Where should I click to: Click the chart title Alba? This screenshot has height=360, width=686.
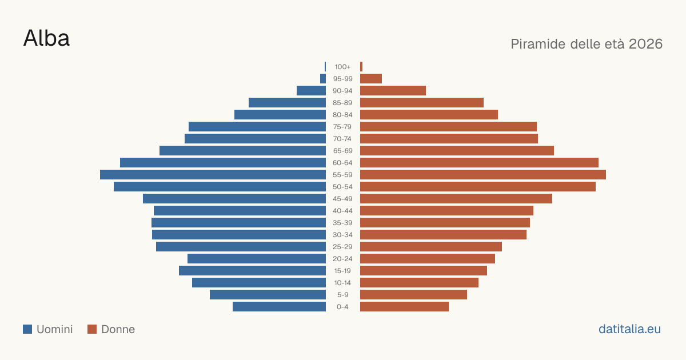tap(46, 38)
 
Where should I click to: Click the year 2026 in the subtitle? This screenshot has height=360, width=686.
tap(645, 44)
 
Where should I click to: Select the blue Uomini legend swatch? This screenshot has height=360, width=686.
tap(27, 329)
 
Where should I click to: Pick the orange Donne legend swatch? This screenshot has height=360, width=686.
tap(92, 329)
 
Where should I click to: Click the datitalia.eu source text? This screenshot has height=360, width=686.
tap(629, 329)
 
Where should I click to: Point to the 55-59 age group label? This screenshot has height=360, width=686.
tap(342, 175)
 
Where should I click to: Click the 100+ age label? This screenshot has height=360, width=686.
tap(342, 67)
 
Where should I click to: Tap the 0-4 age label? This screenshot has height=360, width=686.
tap(342, 307)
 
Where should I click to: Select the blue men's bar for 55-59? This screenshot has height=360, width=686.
tap(213, 174)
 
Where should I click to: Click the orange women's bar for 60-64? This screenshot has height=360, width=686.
tap(479, 162)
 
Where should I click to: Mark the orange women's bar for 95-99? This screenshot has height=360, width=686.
tap(371, 79)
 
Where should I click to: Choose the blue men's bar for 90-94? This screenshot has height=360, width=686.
tap(311, 91)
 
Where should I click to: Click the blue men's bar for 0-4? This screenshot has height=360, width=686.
tap(280, 307)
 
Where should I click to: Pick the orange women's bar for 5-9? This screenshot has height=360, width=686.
tap(413, 294)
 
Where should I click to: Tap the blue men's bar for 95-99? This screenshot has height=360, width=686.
tap(323, 79)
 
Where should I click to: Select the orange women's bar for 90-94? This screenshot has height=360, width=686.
tap(393, 91)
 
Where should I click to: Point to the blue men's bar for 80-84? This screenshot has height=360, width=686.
tap(280, 114)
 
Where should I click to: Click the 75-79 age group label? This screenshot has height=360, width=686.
tap(342, 127)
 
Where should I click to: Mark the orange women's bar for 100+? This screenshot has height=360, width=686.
tap(361, 67)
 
